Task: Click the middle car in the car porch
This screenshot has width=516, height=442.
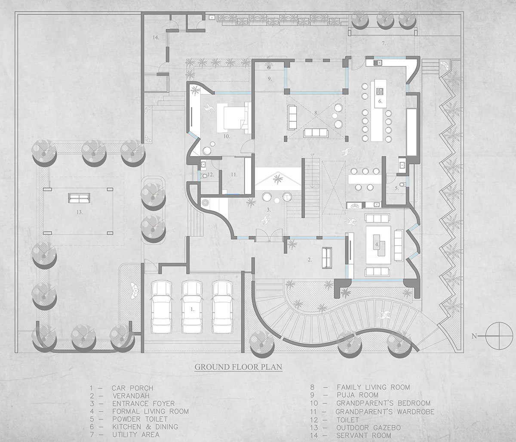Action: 192,307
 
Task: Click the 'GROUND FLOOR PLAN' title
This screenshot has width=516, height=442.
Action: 238,367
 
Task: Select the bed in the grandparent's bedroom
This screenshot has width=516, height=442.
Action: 233,118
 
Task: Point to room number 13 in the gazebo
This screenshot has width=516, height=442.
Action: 80,212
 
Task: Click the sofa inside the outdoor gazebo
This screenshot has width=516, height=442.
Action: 79,198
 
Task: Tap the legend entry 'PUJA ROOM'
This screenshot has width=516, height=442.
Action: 357,395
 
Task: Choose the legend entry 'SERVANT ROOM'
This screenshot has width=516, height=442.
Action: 364,436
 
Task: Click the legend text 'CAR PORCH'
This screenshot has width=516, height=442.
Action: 132,388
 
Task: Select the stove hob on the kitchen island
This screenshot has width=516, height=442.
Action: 380,91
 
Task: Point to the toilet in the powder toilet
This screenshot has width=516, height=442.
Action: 402,184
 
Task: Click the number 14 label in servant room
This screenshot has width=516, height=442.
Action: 156,37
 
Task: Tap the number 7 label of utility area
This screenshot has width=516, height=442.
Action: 384,43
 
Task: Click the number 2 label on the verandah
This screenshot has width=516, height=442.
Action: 310,260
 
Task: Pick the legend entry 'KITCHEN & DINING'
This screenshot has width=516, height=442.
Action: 145,427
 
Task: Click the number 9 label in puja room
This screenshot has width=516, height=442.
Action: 270,79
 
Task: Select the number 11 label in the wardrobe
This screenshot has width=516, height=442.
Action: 234,175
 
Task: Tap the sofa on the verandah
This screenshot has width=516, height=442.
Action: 327,258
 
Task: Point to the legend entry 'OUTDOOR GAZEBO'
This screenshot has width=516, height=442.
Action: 369,428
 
